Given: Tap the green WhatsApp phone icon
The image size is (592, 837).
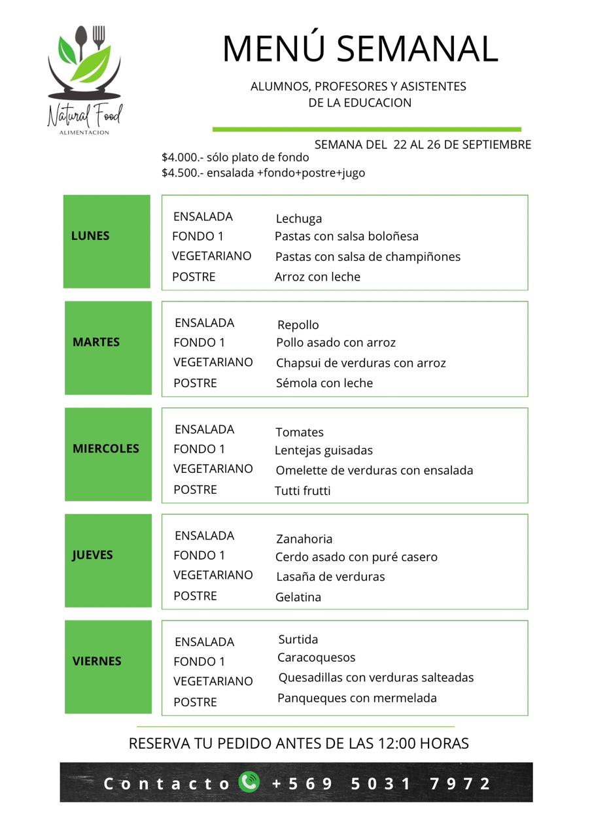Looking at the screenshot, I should tap(249, 782).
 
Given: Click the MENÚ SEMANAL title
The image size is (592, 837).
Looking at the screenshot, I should tap(360, 49).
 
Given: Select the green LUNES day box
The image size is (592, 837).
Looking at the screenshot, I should tap(107, 241).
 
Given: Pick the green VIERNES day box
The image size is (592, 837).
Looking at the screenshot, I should tap(108, 666).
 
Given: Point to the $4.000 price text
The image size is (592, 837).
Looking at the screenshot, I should tap(183, 158).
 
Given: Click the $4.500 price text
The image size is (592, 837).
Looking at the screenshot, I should tap(183, 173).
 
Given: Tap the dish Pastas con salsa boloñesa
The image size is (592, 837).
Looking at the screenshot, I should tap(346, 236).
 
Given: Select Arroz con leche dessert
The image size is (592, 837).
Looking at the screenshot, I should tap(317, 277).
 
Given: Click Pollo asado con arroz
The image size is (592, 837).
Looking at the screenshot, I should tap(336, 343).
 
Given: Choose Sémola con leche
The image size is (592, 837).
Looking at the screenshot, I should tap(324, 383).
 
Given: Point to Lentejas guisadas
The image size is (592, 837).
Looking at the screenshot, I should tap(323, 450).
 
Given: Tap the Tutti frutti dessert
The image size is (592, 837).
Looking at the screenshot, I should tap(302, 490).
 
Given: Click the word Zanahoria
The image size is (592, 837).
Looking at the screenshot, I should tap(304, 539).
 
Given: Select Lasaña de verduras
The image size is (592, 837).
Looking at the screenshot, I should tap(330, 577).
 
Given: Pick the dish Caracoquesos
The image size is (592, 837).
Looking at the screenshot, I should tap(316, 657).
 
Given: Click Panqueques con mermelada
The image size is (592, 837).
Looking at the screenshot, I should tap(357, 698).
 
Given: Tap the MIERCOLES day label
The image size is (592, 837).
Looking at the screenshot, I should tap(106, 449).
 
